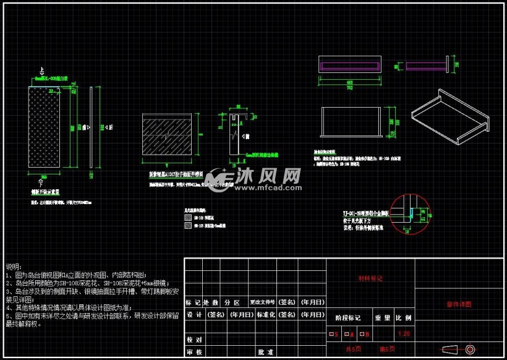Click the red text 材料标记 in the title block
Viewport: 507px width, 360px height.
[370, 279]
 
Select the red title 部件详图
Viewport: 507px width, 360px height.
[458, 304]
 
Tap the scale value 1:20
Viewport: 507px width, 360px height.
[404, 334]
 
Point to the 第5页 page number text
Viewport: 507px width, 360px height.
[387, 349]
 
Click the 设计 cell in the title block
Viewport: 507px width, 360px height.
[194, 314]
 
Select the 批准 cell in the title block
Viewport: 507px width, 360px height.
[265, 352]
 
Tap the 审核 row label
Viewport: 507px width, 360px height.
[194, 352]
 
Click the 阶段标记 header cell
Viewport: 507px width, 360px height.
[347, 317]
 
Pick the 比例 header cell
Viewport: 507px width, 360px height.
[404, 317]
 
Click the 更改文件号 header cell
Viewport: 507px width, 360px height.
[262, 302]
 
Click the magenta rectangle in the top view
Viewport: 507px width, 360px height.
[349, 65]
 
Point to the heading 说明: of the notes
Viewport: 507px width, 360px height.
[13, 265]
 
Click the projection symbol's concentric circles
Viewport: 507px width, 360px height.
[470, 349]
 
